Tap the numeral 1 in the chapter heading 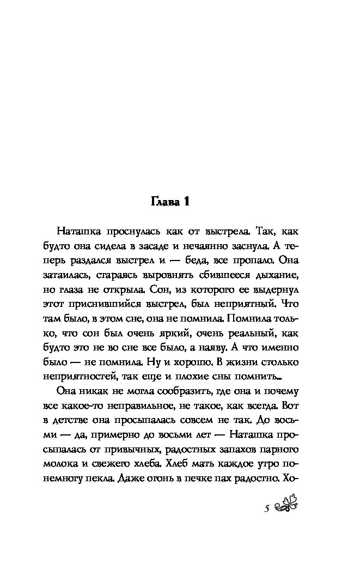pos(186,203)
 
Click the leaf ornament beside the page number pos(286,507)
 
